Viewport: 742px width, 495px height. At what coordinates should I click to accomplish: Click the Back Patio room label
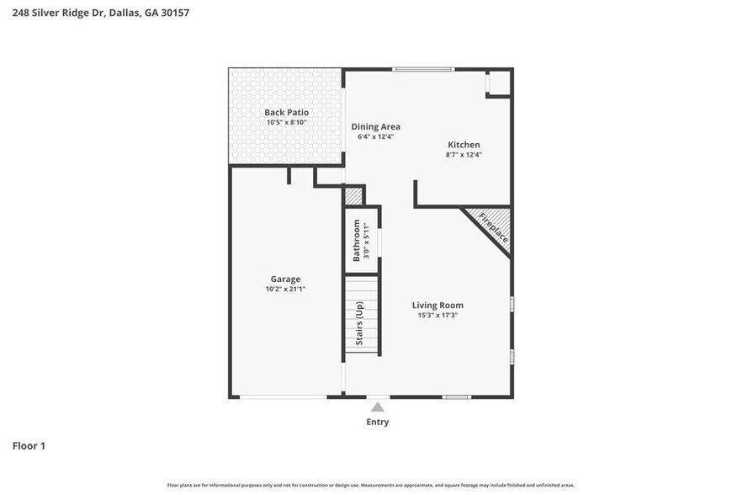tap(286, 112)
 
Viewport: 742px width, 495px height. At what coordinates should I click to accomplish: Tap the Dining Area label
tap(375, 126)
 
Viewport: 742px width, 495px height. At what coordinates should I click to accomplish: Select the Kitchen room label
tap(463, 145)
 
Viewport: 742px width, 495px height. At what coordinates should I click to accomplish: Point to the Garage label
tap(285, 279)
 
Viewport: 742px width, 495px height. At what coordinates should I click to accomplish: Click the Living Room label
tap(437, 305)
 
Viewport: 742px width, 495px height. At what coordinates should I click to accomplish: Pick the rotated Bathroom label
tap(357, 240)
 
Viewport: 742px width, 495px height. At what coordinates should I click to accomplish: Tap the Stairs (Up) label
tap(359, 323)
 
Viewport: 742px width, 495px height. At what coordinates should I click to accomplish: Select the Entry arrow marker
tap(378, 407)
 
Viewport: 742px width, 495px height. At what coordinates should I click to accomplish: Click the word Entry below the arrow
tap(378, 422)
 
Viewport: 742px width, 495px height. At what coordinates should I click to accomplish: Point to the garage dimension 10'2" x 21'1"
tap(285, 290)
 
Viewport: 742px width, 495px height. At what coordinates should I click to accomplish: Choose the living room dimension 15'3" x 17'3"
tap(437, 316)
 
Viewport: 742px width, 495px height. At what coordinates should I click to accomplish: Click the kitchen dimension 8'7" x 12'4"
tap(463, 155)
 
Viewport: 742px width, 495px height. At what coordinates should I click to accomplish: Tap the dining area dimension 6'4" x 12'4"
tap(375, 136)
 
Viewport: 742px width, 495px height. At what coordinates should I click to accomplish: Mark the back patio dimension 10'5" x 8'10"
tap(286, 123)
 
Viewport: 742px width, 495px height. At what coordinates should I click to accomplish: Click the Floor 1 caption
tap(29, 445)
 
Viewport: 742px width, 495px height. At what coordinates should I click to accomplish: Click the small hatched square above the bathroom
tap(353, 196)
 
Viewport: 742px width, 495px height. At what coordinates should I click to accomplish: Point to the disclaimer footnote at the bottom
tap(371, 485)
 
